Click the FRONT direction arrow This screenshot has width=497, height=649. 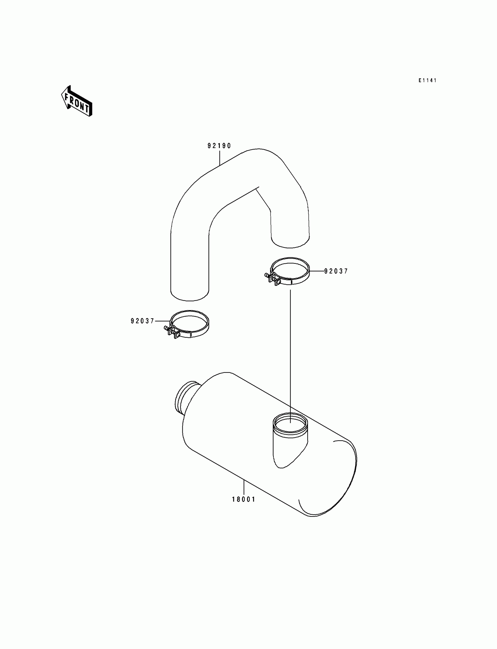tap(77, 101)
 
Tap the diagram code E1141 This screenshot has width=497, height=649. tap(427, 80)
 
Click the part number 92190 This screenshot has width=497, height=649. tap(219, 146)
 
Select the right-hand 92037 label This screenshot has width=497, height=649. tap(336, 271)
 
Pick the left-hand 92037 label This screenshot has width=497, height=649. tap(143, 321)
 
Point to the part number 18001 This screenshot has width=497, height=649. tap(244, 500)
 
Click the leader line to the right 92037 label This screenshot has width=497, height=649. tap(317, 271)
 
